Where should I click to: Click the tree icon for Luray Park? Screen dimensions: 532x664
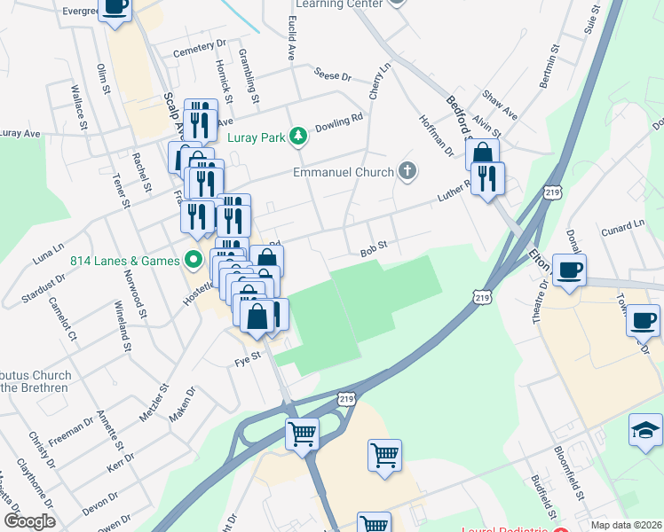pyautogui.click(x=300, y=136)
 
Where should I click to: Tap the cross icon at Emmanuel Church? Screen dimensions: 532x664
pyautogui.click(x=407, y=171)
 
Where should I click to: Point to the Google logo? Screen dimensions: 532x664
pyautogui.click(x=29, y=521)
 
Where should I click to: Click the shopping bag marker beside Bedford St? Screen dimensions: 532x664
pyautogui.click(x=482, y=154)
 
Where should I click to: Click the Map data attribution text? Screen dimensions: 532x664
pyautogui.click(x=627, y=525)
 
